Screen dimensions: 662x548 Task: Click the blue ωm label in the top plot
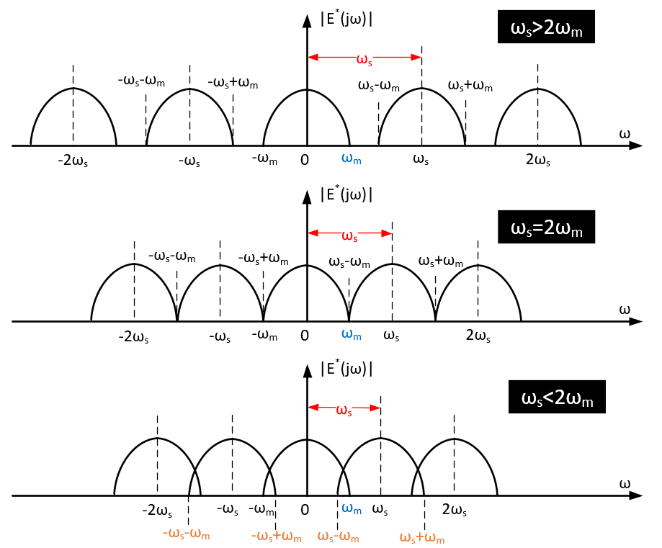coord(352,160)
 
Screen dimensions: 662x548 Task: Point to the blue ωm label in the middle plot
coord(352,335)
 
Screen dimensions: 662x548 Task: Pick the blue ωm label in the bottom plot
coord(352,509)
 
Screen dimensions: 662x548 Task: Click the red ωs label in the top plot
coord(366,58)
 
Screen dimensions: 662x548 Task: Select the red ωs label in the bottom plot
coord(345,410)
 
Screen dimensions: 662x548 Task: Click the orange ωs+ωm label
coord(422,536)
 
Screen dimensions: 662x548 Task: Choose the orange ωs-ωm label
coord(338,536)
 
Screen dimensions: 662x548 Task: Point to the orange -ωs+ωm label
coord(276,536)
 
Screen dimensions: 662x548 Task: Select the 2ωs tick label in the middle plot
coord(478,336)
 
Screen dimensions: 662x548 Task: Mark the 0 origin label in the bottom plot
coord(305,510)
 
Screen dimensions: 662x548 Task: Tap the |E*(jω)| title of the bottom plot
coord(346,369)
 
